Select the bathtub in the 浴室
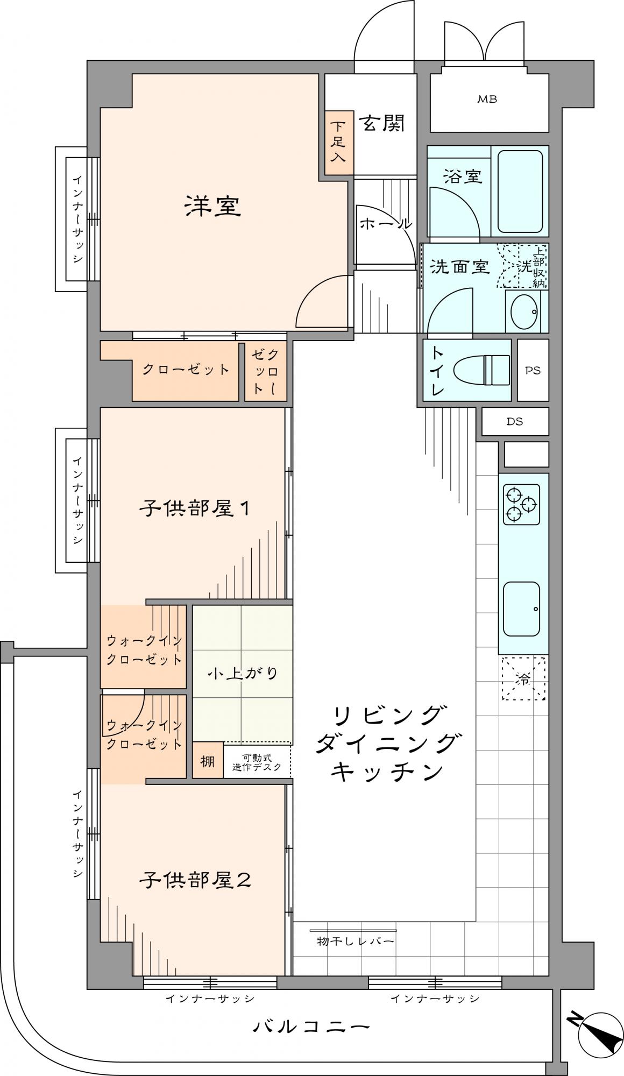[520, 191]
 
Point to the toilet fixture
[481, 370]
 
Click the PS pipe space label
[533, 370]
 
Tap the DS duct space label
[515, 422]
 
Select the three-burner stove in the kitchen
[521, 504]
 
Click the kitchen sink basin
[521, 608]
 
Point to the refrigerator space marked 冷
[523, 678]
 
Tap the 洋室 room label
[212, 207]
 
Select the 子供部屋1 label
[195, 508]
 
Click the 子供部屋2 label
[195, 881]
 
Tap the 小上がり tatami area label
[243, 673]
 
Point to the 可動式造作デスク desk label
[257, 762]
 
